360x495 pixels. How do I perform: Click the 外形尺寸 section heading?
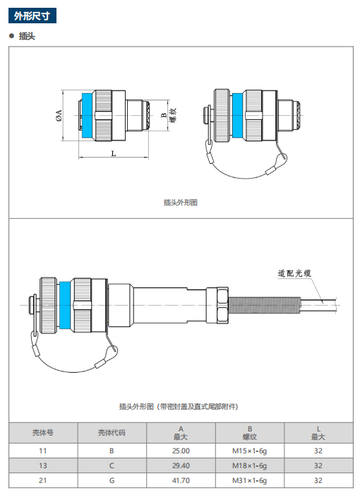32,16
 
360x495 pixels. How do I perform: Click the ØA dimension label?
59,115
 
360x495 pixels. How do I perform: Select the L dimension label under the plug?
114,153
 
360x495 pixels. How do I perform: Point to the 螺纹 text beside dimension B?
173,115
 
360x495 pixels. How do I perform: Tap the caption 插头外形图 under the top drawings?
181,203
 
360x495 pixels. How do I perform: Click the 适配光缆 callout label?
294,273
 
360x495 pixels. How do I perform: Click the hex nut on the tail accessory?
222,305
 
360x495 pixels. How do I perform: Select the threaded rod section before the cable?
264,305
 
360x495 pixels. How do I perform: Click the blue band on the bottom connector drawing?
65,305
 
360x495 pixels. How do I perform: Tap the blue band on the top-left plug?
88,115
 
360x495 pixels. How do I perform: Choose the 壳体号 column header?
43,432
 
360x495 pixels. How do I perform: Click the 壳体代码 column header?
112,432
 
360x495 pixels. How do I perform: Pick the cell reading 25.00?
181,451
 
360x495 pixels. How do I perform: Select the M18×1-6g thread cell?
250,465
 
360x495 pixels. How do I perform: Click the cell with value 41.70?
181,480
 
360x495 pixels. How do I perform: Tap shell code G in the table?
112,480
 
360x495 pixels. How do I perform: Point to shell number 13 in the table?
43,465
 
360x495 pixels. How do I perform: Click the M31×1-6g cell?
250,480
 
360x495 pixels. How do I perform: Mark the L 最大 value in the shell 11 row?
318,451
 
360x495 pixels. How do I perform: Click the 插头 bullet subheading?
27,36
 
